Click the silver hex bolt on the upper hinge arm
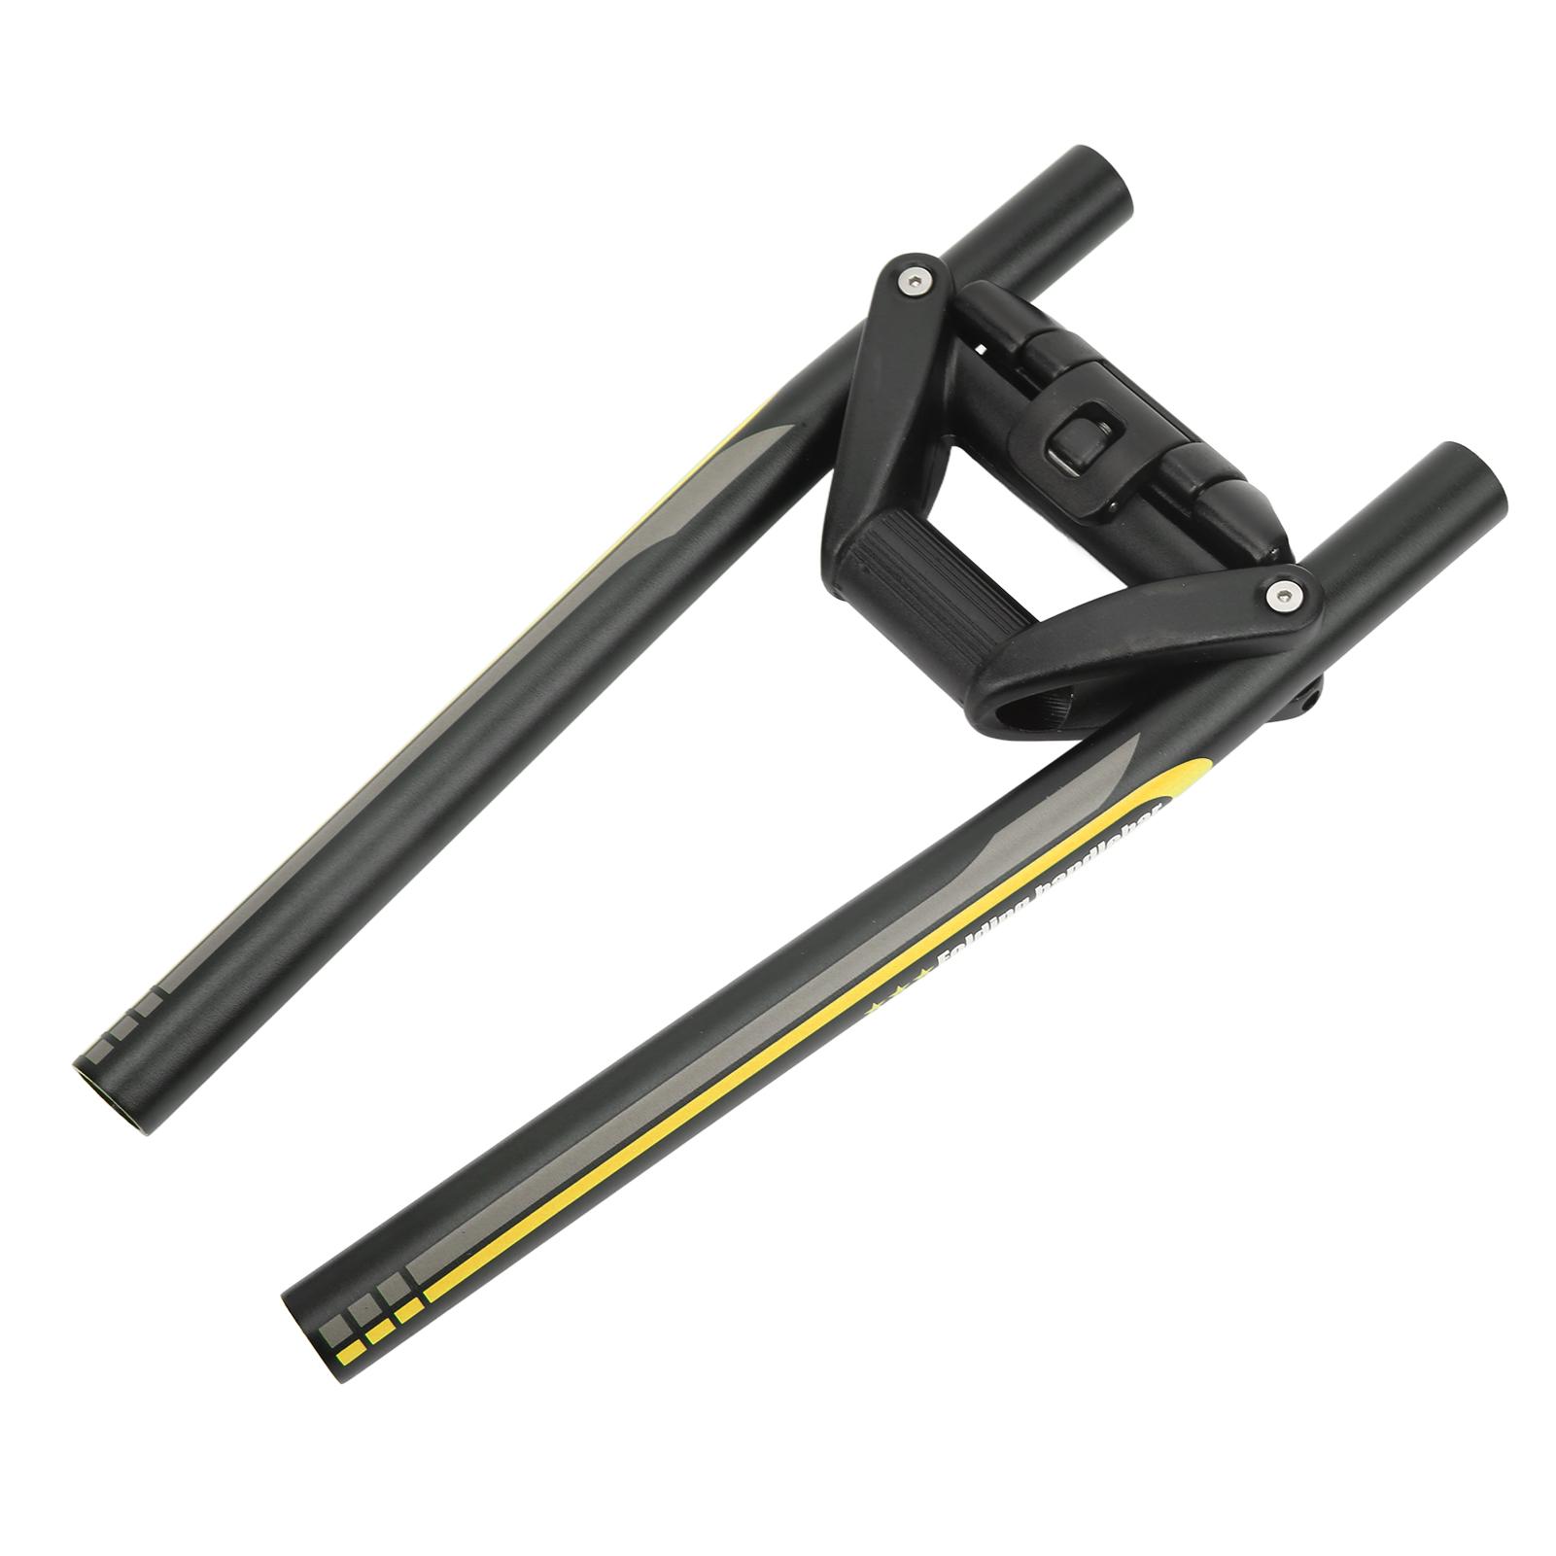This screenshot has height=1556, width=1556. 916,283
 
